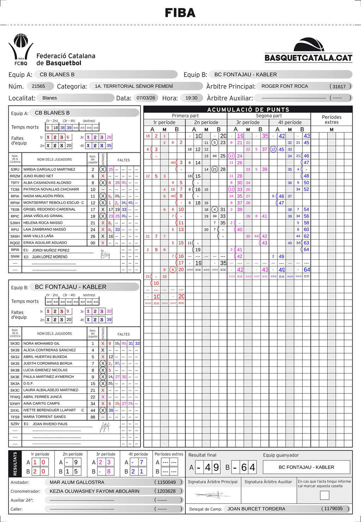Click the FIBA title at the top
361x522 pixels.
[180, 13]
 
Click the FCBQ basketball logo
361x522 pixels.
[21, 49]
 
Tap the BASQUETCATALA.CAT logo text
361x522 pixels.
[308, 58]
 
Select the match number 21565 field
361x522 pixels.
[38, 86]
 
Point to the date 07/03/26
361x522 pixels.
[146, 98]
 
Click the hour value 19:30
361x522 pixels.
[191, 98]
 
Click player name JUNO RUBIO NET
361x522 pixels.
[38, 176]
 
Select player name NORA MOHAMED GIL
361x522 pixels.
[42, 343]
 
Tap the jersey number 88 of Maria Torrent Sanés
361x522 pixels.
[93, 417]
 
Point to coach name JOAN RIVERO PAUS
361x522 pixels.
[50, 424]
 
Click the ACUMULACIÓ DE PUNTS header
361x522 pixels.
[248, 109]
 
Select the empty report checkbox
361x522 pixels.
[324, 495]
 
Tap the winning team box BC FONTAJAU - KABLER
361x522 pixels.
[306, 467]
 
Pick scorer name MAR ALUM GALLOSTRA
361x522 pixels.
[77, 482]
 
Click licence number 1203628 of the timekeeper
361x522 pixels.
[166, 491]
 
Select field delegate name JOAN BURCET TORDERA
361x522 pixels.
[256, 509]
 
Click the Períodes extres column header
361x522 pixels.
[331, 120]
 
